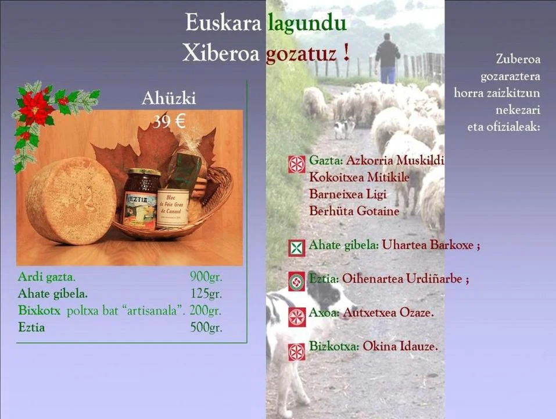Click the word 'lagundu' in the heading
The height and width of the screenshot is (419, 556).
(x=307, y=23)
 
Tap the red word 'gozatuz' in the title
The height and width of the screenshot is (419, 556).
(x=301, y=54)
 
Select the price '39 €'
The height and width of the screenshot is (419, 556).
(x=169, y=122)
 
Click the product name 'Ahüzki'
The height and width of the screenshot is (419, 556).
(x=169, y=98)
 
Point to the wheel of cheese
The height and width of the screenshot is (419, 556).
(x=71, y=201)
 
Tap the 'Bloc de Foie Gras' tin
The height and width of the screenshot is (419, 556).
(x=173, y=208)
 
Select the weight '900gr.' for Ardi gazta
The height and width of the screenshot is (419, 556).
(x=206, y=276)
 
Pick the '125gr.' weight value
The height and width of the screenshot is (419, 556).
(x=206, y=294)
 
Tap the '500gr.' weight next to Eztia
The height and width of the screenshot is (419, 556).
(x=206, y=327)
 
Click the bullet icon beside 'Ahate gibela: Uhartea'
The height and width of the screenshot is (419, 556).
(x=296, y=247)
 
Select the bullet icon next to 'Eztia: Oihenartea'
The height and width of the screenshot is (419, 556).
(x=296, y=282)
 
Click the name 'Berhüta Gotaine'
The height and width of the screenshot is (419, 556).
(x=354, y=211)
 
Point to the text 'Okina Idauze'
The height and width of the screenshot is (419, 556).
(x=400, y=346)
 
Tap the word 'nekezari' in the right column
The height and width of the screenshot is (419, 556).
(x=518, y=110)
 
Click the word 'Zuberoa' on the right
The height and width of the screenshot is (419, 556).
(x=518, y=59)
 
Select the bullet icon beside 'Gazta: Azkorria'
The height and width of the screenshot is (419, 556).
(x=296, y=165)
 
